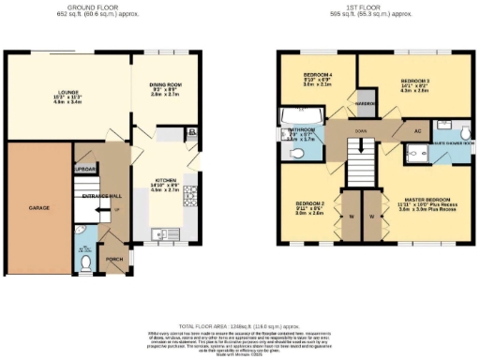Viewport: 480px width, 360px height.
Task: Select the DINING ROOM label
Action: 166,86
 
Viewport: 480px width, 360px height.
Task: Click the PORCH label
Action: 113,260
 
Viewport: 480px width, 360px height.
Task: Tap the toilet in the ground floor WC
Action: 85,265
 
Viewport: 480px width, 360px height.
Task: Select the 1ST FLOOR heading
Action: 372,8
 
